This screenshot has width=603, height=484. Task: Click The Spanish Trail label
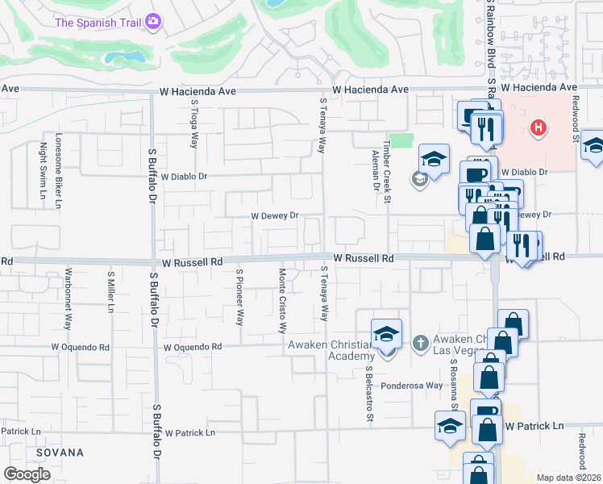pyautogui.click(x=98, y=22)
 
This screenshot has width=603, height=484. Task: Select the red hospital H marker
pyautogui.click(x=539, y=127)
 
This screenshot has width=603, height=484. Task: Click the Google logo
pyautogui.click(x=27, y=474)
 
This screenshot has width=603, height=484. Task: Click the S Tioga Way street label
pyautogui.click(x=194, y=123)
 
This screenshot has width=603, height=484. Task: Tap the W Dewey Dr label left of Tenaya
pyautogui.click(x=275, y=216)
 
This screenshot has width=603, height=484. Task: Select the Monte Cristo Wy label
pyautogui.click(x=282, y=300)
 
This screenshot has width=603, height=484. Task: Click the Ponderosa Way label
pyautogui.click(x=412, y=386)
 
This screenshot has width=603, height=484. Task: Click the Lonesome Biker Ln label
pyautogui.click(x=58, y=170)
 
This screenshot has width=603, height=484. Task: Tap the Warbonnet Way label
pyautogui.click(x=69, y=298)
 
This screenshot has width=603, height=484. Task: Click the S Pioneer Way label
pyautogui.click(x=239, y=298)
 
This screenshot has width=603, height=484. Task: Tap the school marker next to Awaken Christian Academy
pyautogui.click(x=386, y=334)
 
